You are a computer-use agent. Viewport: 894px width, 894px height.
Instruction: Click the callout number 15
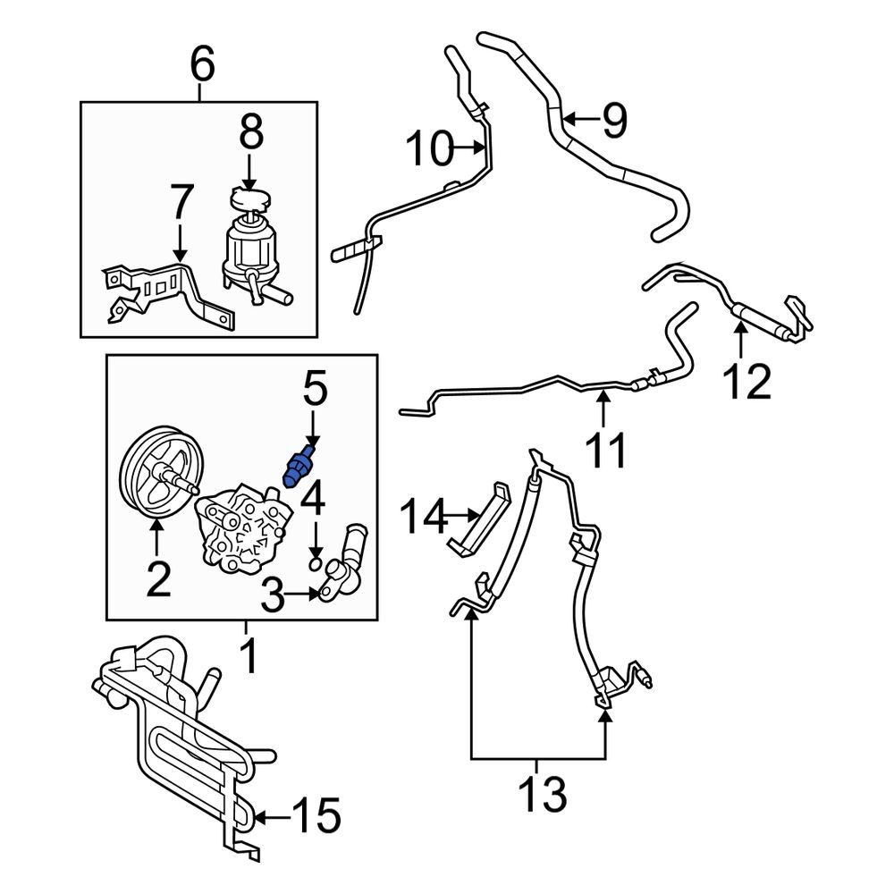pos(316,815)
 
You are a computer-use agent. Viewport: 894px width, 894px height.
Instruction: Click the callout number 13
pos(541,794)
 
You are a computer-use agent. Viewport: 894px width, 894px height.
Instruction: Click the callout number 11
pos(606,449)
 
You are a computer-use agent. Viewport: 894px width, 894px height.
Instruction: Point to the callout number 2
pos(157,580)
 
